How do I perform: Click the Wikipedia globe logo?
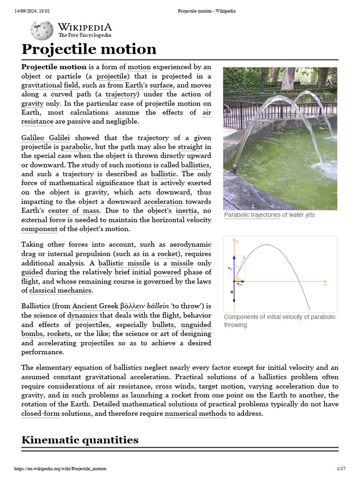42,30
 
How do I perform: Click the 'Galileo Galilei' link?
46,138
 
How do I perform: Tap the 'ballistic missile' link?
124,263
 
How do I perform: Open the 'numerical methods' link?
195,413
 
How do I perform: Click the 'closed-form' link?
40,413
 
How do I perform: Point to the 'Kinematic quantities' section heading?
80,440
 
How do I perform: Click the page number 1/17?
341,468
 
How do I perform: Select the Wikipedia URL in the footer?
60,468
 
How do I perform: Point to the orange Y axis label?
237,241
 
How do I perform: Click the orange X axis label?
325,285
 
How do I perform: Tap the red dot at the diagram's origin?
233,281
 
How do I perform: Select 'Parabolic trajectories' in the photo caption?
252,215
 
